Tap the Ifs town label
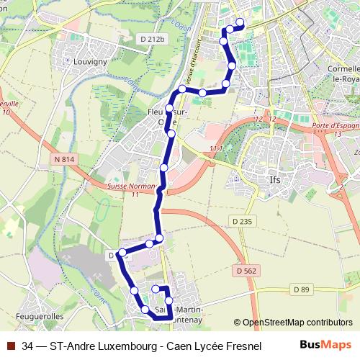click(274, 181)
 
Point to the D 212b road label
click(154, 38)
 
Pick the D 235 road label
click(242, 222)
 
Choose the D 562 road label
click(246, 270)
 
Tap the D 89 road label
click(301, 289)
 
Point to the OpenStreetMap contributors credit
click(297, 323)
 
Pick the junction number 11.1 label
click(215, 148)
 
